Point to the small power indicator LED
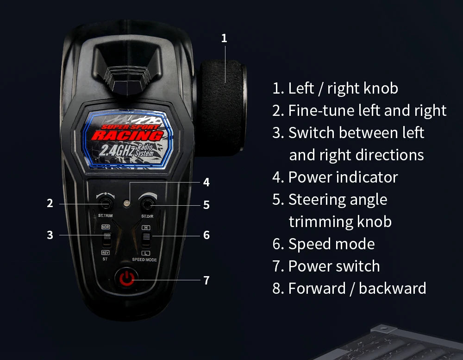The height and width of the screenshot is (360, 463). pyautogui.click(x=125, y=203)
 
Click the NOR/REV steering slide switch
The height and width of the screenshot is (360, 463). pyautogui.click(x=107, y=240)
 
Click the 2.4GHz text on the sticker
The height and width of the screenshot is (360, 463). pyautogui.click(x=116, y=150)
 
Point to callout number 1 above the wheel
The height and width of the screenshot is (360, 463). pyautogui.click(x=224, y=38)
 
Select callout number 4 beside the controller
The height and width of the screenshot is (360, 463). pyautogui.click(x=206, y=183)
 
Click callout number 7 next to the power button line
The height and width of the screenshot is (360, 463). pyautogui.click(x=206, y=280)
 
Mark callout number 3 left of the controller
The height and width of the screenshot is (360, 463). pyautogui.click(x=50, y=235)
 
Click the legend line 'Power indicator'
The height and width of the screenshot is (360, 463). pyautogui.click(x=335, y=177)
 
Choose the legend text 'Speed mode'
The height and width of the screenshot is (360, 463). pyautogui.click(x=324, y=244)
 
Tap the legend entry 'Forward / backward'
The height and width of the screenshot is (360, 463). pyautogui.click(x=349, y=288)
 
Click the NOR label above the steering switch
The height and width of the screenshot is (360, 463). pyautogui.click(x=106, y=227)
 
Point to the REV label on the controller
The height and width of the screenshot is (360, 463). pyautogui.click(x=106, y=253)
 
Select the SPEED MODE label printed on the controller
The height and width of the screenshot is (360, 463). pyautogui.click(x=144, y=260)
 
